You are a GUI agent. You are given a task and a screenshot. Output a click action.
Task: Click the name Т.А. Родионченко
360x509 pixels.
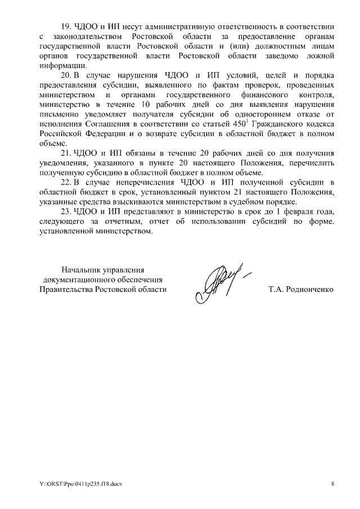pyautogui.click(x=301, y=290)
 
